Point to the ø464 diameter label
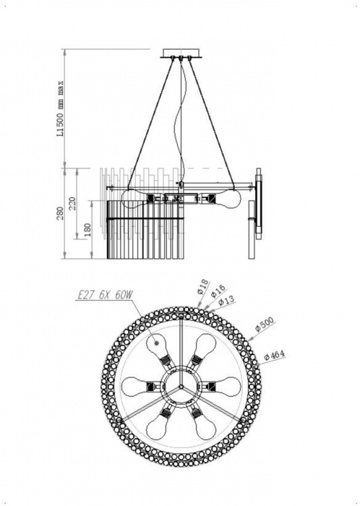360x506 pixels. [276, 356]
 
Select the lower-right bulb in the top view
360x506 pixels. [205, 427]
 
